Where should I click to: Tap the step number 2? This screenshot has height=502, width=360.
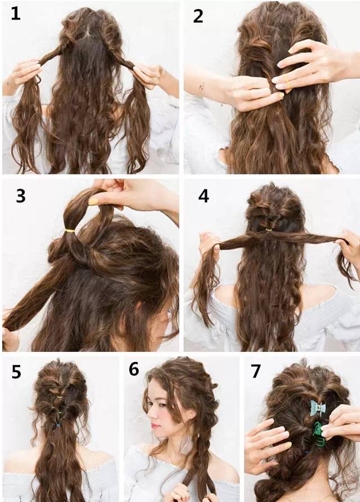198,16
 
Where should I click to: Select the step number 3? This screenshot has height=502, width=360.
21,196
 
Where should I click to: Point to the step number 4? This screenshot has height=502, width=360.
204,196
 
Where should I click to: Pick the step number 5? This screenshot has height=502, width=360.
16,371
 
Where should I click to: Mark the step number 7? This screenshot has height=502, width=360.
255,371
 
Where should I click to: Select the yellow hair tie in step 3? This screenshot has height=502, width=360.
70,230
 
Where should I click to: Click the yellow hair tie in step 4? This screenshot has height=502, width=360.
268,230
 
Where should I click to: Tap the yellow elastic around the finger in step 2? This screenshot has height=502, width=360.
287,83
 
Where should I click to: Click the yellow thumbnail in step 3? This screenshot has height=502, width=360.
93,201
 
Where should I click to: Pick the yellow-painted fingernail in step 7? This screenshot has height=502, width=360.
288,445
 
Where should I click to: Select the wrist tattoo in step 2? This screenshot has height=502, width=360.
202,87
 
